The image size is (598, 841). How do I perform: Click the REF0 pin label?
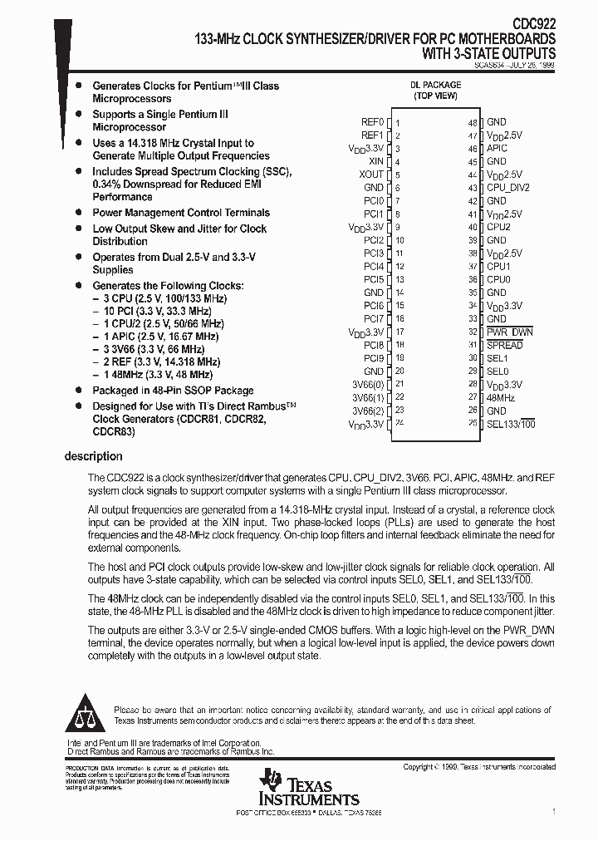(x=372, y=122)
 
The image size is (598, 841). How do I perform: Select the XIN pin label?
(x=375, y=161)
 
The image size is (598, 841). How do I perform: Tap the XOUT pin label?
(x=371, y=175)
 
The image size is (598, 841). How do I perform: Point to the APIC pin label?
(x=497, y=148)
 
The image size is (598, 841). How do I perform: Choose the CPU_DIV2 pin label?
(x=507, y=188)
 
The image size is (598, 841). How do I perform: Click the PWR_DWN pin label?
(x=509, y=332)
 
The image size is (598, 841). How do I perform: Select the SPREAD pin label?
(x=504, y=345)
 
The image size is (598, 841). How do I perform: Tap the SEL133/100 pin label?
(x=510, y=424)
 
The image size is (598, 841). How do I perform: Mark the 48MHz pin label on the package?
(x=501, y=397)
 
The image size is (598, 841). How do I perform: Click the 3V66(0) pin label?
(x=368, y=384)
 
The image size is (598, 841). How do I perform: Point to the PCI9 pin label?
(x=374, y=358)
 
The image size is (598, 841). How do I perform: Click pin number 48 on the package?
(x=472, y=123)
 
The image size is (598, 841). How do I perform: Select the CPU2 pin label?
(x=498, y=227)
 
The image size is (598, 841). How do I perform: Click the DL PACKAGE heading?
(x=434, y=85)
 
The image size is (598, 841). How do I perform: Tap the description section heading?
(x=93, y=456)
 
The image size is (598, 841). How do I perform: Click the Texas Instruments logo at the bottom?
(x=308, y=788)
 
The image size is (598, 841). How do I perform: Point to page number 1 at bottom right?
(x=553, y=810)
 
